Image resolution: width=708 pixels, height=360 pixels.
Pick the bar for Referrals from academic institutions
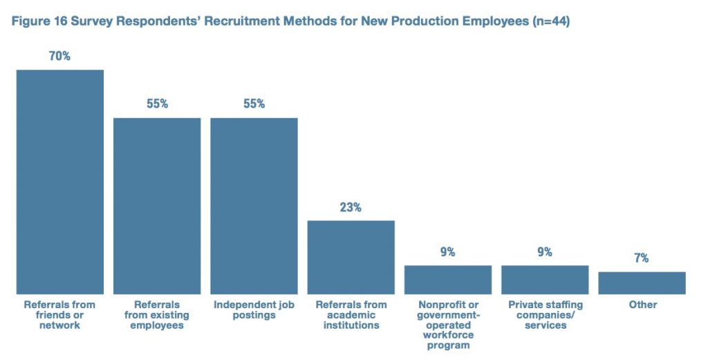click(351, 257)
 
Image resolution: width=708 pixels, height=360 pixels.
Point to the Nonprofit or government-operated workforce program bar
click(448, 280)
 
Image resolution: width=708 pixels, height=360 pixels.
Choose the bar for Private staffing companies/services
click(545, 280)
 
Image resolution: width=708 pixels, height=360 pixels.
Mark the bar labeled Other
click(642, 283)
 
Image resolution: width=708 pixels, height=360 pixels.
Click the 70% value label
click(59, 57)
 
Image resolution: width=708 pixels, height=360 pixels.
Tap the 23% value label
click(351, 207)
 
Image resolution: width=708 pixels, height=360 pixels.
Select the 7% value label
click(642, 258)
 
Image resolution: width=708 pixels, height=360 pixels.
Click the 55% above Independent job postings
click(254, 104)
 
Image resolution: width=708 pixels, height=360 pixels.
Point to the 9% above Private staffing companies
click(545, 252)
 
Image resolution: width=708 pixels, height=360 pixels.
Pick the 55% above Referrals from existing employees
click(157, 104)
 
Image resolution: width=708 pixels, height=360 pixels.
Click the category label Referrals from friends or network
click(60, 314)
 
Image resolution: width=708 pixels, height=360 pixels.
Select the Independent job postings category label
click(254, 310)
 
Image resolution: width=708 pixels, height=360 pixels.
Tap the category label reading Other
click(642, 305)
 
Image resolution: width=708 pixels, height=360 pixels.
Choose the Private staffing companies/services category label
click(545, 314)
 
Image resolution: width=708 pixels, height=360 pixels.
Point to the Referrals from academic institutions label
click(351, 314)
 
